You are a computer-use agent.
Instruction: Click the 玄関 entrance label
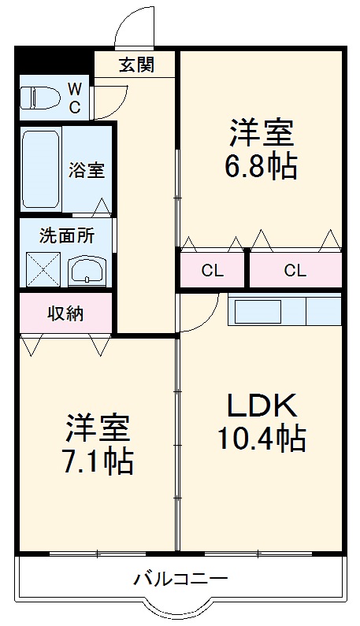[x=135, y=65]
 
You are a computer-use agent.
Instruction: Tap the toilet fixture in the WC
[x=39, y=98]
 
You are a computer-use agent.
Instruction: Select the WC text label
[x=73, y=98]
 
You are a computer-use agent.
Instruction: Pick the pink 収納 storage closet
[x=65, y=313]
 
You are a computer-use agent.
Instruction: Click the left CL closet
[x=212, y=272]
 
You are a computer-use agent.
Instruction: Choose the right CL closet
[x=295, y=272]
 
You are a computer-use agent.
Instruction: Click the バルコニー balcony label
[x=180, y=579]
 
